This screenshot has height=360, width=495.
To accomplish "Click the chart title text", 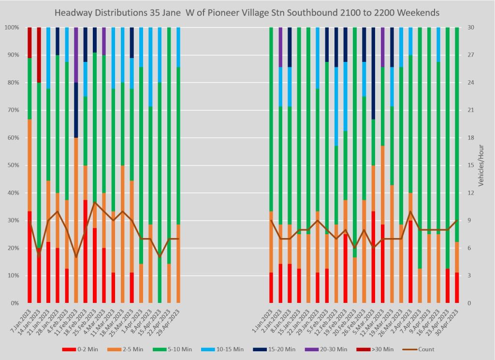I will pyautogui.click(x=247, y=13).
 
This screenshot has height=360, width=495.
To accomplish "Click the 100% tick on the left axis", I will pyautogui.click(x=11, y=28).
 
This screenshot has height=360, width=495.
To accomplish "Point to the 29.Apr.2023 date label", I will pyautogui.click(x=172, y=322).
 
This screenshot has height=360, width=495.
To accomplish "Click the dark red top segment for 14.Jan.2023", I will pyautogui.click(x=39, y=55).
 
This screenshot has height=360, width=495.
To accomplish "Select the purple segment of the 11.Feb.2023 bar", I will pyautogui.click(x=76, y=55).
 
